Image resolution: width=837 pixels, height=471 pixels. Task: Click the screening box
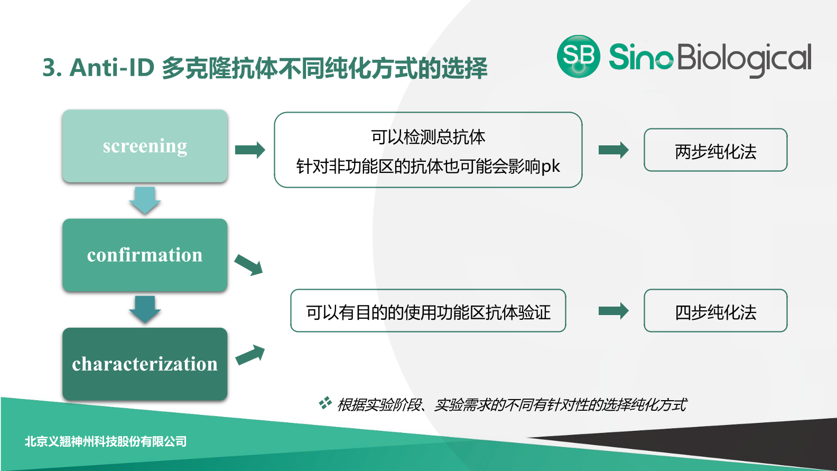pos(145,146)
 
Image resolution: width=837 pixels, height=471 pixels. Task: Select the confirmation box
pos(145,255)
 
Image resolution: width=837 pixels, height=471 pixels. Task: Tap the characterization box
pos(145,364)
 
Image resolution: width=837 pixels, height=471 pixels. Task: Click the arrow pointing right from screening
pos(250,150)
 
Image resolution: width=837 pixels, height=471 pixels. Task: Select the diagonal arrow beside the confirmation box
pos(249,265)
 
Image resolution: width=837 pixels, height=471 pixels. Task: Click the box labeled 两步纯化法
pos(715,150)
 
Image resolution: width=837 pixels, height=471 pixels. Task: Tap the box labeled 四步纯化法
pos(715,311)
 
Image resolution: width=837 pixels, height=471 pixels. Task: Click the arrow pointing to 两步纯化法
pos(613,150)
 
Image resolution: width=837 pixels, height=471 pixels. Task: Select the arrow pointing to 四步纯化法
pos(613,311)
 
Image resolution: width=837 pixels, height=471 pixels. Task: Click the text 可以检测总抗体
pos(428,137)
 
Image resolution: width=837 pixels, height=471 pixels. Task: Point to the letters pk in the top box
pos(551,167)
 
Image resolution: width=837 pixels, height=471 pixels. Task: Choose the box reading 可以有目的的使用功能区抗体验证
pos(428,311)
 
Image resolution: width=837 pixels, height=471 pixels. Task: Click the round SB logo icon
pos(579,57)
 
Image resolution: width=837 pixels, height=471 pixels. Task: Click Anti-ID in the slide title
pos(111,68)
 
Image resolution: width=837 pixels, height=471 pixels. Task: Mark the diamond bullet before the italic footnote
pos(325,403)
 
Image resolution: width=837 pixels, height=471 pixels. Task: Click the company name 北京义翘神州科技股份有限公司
pos(106,441)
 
